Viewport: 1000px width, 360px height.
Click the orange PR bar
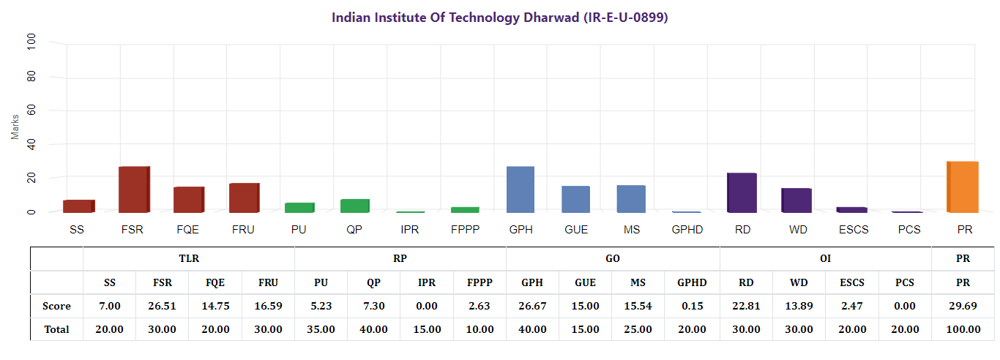[x=963, y=187]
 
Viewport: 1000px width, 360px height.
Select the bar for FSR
[x=134, y=190]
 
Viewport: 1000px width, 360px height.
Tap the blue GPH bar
[x=520, y=190]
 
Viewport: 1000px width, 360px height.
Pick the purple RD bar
[x=742, y=193]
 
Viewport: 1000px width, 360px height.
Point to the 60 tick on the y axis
[x=31, y=110]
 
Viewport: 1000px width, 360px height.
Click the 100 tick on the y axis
[x=31, y=42]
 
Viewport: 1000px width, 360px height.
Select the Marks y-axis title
[x=15, y=126]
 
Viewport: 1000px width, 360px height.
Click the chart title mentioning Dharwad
[x=500, y=17]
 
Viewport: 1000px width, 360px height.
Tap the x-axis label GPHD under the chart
[x=687, y=230]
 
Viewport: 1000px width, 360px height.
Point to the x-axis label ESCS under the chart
[x=854, y=230]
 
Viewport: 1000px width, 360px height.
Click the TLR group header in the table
[x=189, y=258]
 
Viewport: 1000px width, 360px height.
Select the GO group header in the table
[x=613, y=258]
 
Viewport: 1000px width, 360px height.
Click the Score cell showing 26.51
[x=162, y=306]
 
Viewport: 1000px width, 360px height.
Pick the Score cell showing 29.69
[x=963, y=306]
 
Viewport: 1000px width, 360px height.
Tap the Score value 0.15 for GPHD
[x=693, y=306]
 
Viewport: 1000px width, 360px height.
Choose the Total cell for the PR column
[x=963, y=329]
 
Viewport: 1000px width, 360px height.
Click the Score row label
[x=56, y=306]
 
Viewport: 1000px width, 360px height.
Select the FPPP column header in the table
[x=480, y=282]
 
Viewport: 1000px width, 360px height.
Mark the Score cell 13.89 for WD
[x=798, y=306]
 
